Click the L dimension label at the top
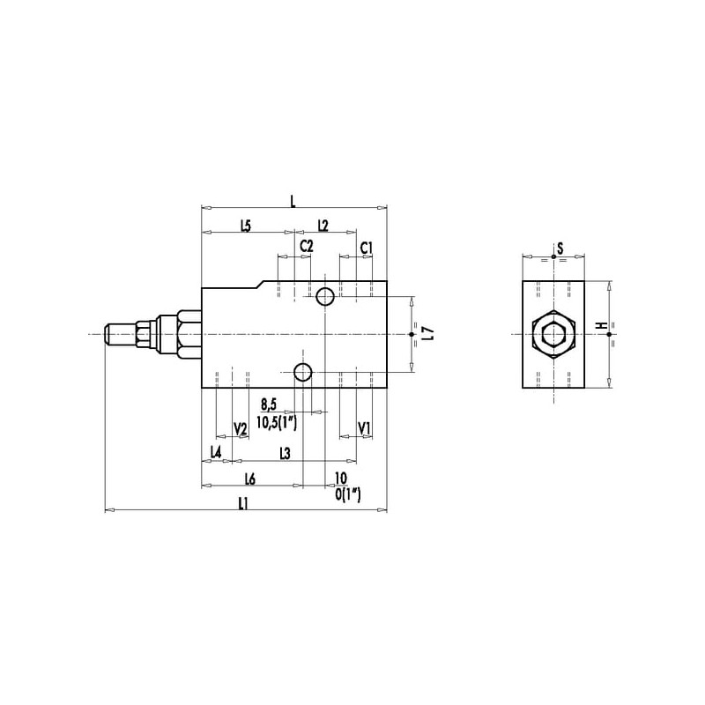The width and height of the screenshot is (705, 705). (293, 201)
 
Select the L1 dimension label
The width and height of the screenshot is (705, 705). (243, 503)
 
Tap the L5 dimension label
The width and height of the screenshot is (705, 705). (246, 226)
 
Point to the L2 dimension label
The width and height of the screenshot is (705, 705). (323, 226)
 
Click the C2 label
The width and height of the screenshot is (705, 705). (307, 247)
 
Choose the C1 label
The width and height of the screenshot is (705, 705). (367, 248)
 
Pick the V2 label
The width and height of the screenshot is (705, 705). (241, 429)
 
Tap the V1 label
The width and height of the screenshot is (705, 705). (364, 428)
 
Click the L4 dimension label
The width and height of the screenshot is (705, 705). (216, 452)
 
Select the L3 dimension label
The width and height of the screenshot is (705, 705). (285, 454)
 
